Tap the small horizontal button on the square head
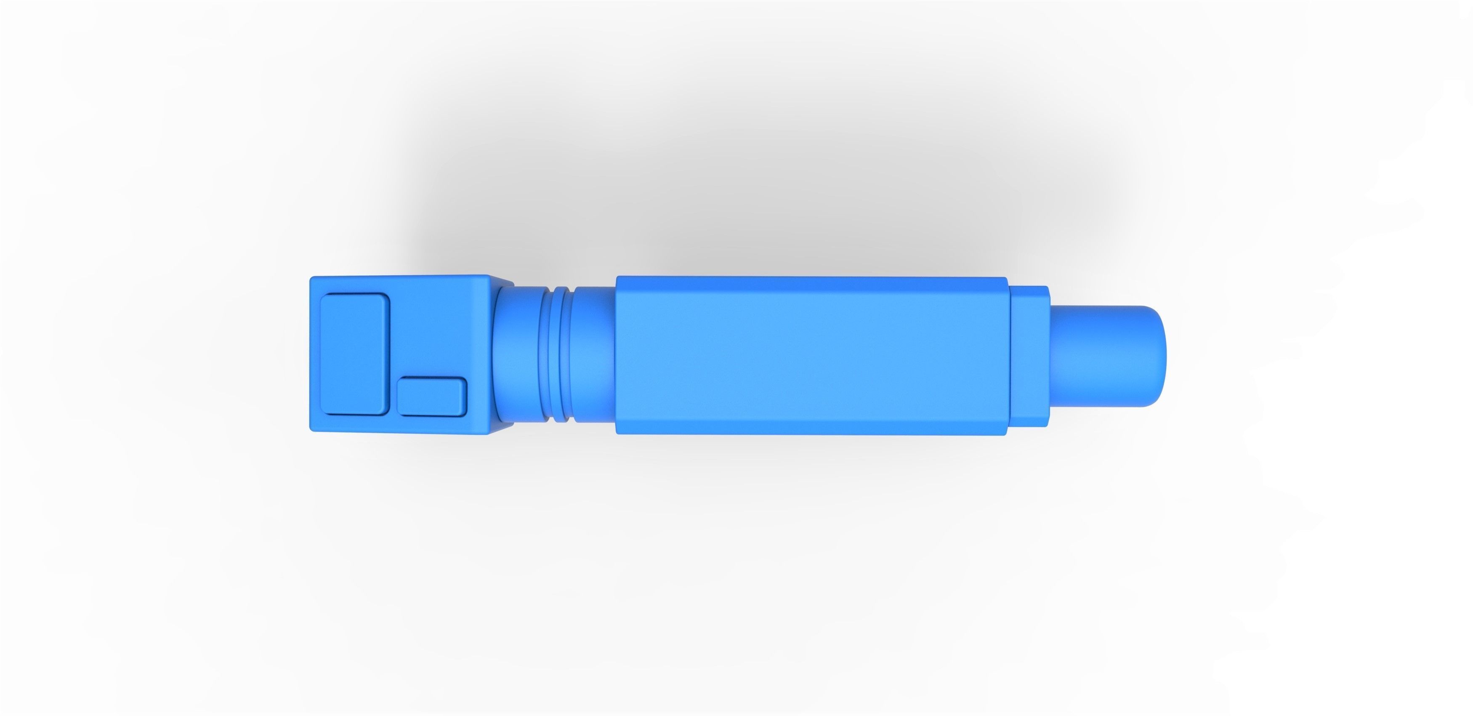(432, 397)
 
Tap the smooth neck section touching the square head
(518, 354)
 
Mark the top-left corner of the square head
(312, 279)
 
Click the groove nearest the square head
(548, 354)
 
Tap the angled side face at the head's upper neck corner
(502, 281)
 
